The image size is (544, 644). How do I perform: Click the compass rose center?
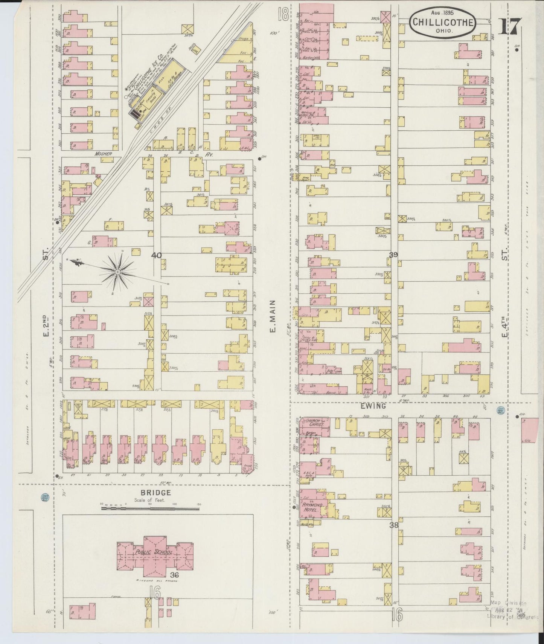118,272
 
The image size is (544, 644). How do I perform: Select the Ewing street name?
375,406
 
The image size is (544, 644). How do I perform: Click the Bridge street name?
155,493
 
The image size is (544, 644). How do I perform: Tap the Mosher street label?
104,154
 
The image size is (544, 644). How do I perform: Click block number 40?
156,255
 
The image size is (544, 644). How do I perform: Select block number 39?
394,255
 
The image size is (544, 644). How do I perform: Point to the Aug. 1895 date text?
443,12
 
